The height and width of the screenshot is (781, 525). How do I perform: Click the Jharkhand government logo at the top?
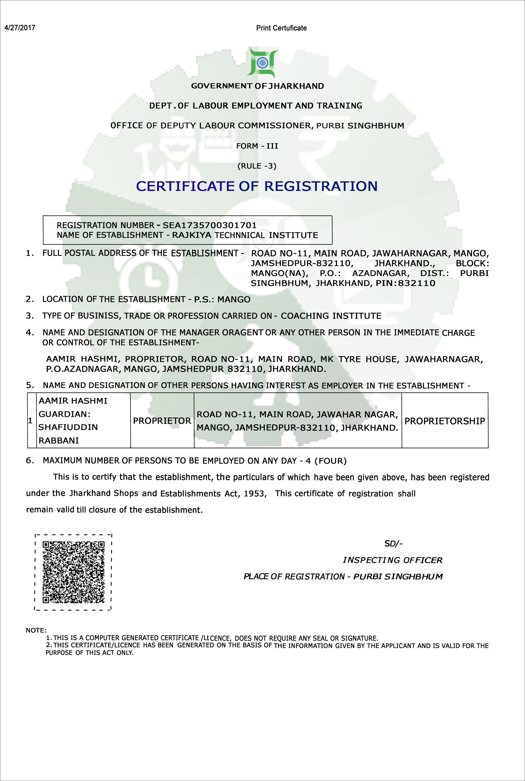(262, 63)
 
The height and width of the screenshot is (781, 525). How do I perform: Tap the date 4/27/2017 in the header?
(20, 28)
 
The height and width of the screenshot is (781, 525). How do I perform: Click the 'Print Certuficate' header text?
(281, 28)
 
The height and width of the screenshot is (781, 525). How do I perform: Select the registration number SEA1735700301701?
(210, 225)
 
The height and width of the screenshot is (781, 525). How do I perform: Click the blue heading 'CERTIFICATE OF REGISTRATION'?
(257, 186)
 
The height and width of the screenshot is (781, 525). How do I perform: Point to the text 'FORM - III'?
(257, 146)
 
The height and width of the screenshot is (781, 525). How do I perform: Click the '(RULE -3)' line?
(257, 166)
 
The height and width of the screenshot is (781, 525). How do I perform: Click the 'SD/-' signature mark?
(394, 544)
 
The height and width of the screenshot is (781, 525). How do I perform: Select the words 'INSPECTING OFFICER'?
(392, 560)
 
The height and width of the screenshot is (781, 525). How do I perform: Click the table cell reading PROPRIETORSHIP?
(445, 421)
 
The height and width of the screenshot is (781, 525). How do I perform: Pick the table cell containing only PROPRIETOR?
(162, 421)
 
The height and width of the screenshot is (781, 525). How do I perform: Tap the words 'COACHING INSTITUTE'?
(331, 316)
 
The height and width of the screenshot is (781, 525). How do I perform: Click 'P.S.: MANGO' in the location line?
(222, 299)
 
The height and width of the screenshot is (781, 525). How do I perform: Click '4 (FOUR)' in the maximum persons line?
(326, 461)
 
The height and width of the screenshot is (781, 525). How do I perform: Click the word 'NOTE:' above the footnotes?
(36, 630)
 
